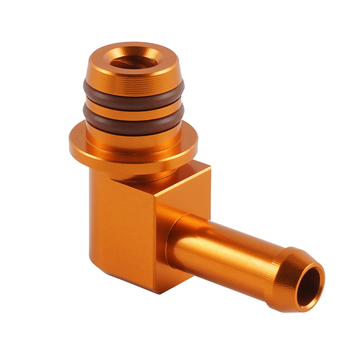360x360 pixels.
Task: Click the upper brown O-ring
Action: [133, 96]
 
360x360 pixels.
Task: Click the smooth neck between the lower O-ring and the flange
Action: [133, 139]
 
